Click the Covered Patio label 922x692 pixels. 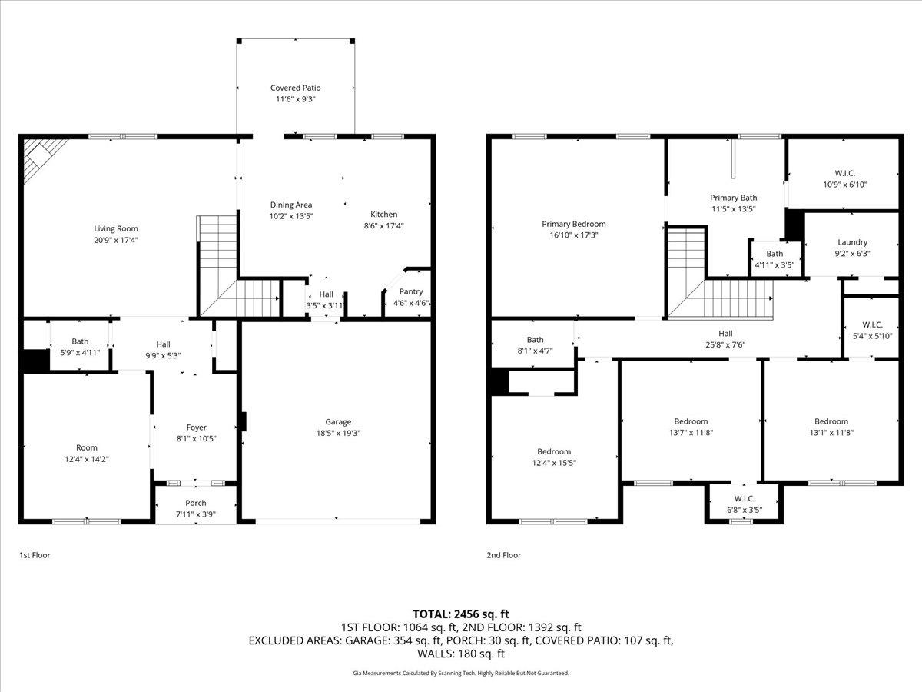[x=295, y=88]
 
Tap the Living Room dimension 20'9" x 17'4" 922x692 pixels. [x=116, y=240]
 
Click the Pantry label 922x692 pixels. [x=411, y=291]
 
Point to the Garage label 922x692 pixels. [x=338, y=422]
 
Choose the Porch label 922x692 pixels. [x=196, y=503]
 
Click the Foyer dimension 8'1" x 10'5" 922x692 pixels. [x=197, y=438]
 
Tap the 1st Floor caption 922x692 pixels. [x=35, y=555]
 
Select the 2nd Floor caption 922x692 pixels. [x=503, y=555]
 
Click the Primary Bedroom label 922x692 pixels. [x=574, y=224]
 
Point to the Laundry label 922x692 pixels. [x=852, y=242]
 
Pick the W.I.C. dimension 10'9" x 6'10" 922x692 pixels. [x=845, y=184]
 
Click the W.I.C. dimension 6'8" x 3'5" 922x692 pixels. [x=745, y=510]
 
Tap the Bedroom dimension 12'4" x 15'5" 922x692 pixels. [x=554, y=463]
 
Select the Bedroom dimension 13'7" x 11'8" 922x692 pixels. [x=691, y=432]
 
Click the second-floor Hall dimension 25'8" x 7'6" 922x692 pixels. [x=725, y=344]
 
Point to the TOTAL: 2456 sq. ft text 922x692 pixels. [x=461, y=614]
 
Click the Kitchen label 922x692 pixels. [x=384, y=215]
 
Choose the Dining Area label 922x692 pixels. [x=291, y=205]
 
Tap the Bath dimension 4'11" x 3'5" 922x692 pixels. [x=774, y=265]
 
